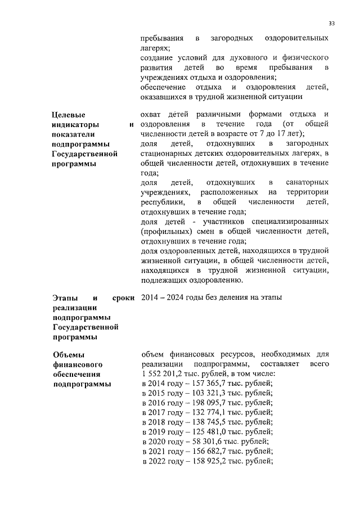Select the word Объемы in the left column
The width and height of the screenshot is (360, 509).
pyautogui.click(x=68, y=354)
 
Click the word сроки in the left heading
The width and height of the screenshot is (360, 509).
pyautogui.click(x=123, y=297)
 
